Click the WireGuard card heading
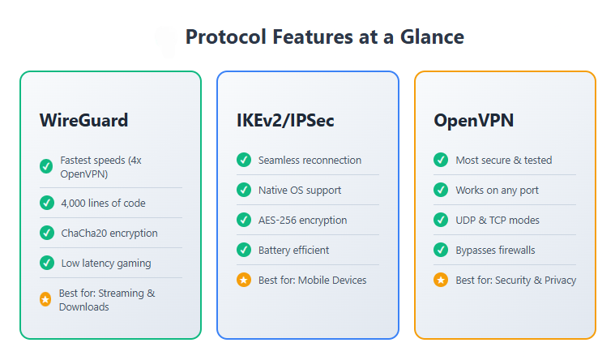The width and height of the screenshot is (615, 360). click(x=83, y=121)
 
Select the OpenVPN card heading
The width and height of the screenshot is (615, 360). click(x=473, y=121)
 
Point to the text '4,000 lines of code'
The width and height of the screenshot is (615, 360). click(x=103, y=203)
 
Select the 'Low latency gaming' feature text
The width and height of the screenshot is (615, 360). click(x=106, y=263)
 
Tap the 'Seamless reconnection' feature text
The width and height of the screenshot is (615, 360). click(x=310, y=160)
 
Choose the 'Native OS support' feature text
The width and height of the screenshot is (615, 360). click(x=300, y=190)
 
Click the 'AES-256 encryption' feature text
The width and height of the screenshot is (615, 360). click(x=302, y=220)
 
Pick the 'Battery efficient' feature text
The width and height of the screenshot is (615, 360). click(x=293, y=250)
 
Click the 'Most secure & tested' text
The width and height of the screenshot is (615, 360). click(x=503, y=160)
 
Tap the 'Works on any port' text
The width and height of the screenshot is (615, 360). click(x=498, y=190)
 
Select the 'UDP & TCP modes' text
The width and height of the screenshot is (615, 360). click(x=497, y=220)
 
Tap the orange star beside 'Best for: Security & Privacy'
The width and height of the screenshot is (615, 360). click(x=441, y=280)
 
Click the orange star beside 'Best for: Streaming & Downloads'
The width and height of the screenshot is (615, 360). click(x=45, y=299)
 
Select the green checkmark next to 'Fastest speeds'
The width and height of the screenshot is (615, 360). click(x=46, y=166)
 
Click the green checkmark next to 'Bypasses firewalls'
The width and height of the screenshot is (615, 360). click(x=441, y=250)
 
